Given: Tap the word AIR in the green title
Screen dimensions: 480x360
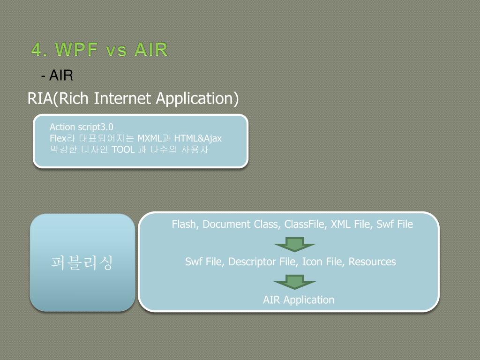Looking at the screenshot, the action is [151, 49].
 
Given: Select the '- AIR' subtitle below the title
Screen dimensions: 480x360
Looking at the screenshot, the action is [57, 75].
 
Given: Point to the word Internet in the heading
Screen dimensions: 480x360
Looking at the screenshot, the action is [123, 99].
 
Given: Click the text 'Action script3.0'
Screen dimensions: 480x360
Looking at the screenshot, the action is [82, 127].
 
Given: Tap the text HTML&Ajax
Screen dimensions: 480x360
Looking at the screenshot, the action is [198, 138].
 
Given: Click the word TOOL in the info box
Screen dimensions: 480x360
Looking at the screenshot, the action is [123, 150].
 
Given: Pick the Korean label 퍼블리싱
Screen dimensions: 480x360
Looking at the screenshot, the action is [82, 262].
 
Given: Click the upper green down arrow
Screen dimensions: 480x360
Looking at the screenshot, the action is [294, 244].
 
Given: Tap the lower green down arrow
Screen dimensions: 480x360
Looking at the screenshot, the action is [294, 282].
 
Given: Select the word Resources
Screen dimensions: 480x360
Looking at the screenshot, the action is [372, 262].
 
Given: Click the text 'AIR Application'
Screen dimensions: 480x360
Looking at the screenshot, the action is [299, 300].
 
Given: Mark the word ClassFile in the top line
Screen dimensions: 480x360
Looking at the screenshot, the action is [305, 224].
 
